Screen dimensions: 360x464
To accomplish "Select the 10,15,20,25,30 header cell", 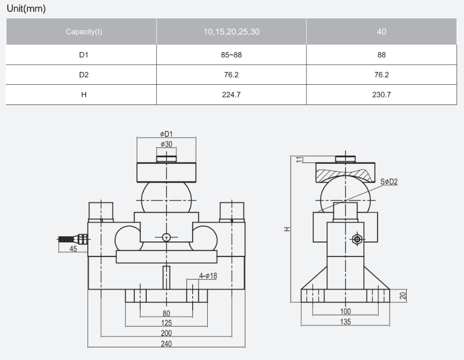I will pos(231,32).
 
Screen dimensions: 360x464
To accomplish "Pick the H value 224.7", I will pos(231,95).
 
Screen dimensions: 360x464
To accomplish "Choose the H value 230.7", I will pos(381,95).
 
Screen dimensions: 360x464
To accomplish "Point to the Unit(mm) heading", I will pos(26,9).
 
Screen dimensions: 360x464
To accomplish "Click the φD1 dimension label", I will pos(166,134).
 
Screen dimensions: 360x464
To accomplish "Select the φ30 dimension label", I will pos(166,144).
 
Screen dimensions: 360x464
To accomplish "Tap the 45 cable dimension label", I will pos(73,249).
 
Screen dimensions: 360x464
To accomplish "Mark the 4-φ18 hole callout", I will pos(208,276).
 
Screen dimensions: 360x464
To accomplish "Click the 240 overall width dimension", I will pos(166,343).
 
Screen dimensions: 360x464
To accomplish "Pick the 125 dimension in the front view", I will pos(166,323).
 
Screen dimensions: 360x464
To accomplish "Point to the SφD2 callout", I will pos(388,182).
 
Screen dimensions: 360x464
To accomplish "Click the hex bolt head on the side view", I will pos(356,239).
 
